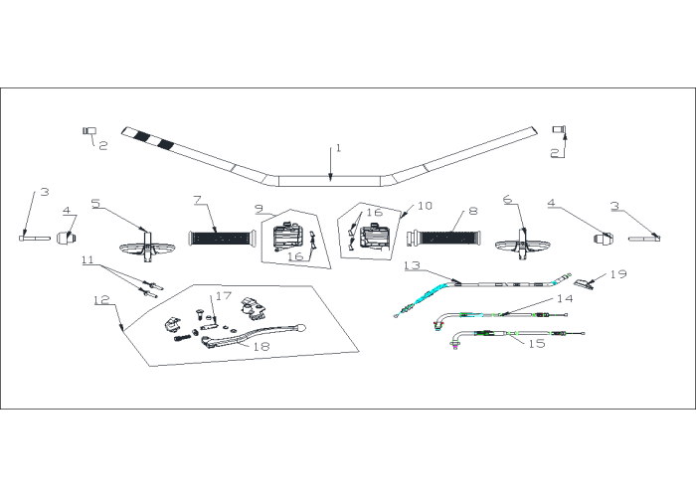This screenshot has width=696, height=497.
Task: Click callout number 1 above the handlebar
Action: (339, 148)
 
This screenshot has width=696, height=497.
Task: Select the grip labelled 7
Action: (223, 239)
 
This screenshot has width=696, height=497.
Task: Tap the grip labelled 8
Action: (445, 238)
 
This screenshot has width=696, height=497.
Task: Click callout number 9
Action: (260, 209)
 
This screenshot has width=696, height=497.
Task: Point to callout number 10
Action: (425, 206)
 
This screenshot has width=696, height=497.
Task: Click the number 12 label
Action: (101, 300)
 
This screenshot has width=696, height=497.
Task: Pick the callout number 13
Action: (412, 265)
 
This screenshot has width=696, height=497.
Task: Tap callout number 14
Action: (565, 298)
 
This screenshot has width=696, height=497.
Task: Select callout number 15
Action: (537, 344)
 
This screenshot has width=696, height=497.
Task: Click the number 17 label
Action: (224, 295)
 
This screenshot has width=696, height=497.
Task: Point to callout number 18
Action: (261, 346)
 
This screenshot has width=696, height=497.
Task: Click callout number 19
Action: (618, 273)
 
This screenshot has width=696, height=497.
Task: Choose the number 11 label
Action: (87, 259)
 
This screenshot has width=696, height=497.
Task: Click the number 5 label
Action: (95, 203)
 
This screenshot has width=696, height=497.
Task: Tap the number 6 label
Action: (508, 200)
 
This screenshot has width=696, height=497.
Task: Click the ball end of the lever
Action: (302, 328)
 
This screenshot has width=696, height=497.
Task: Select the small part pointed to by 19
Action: (584, 283)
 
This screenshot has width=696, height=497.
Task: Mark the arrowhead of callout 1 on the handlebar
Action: (330, 178)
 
